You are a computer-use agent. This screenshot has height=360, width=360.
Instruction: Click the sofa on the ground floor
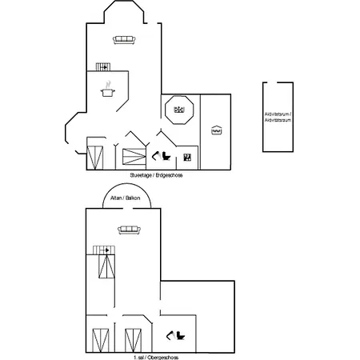tap(124, 39)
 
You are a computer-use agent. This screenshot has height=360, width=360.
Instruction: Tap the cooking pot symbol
tap(106, 92)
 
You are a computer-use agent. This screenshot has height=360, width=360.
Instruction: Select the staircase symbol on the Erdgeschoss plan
tap(102, 67)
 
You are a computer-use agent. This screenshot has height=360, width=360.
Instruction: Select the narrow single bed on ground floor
tap(96, 156)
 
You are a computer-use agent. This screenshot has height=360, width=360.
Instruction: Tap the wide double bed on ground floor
tap(134, 156)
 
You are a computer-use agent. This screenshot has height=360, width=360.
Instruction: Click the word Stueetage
tap(140, 174)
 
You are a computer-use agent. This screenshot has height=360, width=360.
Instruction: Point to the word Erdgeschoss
tap(170, 174)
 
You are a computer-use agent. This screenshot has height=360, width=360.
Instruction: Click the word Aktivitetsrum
tap(277, 115)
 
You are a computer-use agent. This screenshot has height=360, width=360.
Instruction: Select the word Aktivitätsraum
tap(278, 121)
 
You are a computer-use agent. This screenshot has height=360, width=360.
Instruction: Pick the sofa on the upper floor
tap(129, 230)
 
